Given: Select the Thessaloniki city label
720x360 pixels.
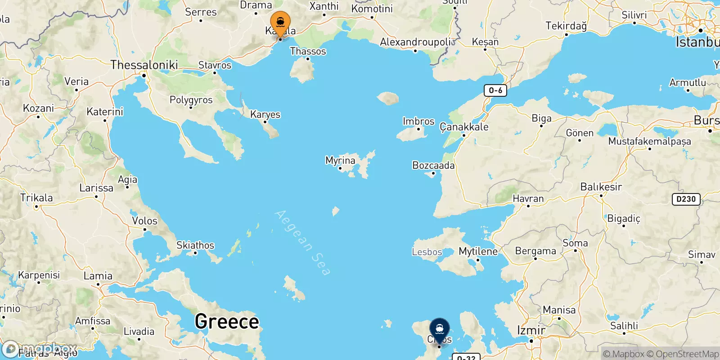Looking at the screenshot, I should pos(144,65).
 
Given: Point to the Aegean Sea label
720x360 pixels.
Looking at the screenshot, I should pos(303,243).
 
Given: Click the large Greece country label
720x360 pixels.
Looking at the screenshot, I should pos(227,322).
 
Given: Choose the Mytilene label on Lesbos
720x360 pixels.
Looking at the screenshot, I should pos(478,252).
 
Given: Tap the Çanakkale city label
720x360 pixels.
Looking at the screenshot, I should pos(464,127).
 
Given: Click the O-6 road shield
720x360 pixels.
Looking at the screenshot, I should pos(495,90).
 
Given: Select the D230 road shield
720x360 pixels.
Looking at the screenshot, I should pos(686,199).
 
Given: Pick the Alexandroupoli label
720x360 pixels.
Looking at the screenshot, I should pos(415,42).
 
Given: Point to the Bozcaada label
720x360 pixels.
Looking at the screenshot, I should pos(433,166).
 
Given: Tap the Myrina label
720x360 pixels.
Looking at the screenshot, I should pos(340,161).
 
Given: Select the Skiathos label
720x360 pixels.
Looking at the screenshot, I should pos(195,245).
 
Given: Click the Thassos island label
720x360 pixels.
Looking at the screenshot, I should pos(308,51).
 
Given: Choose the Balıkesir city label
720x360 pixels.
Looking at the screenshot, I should pos(601,187).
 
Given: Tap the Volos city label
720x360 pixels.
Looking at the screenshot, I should pos(144,221).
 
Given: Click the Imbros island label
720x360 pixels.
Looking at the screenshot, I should pos(418,121).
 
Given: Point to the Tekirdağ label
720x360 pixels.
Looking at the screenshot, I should pos(566,26).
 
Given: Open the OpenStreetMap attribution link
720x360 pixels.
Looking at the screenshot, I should pos(687,354).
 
